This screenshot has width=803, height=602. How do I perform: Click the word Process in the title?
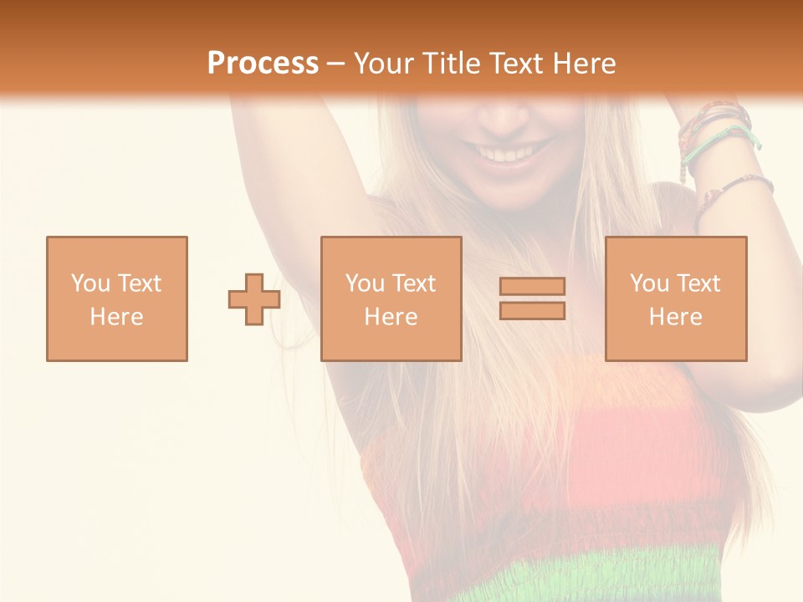click(263, 64)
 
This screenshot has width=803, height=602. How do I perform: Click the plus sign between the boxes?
click(254, 299)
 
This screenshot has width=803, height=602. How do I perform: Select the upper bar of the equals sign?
click(532, 286)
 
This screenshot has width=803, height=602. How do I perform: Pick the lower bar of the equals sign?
click(532, 310)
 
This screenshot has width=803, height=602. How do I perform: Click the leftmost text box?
click(117, 298)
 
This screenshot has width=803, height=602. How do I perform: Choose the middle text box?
click(391, 298)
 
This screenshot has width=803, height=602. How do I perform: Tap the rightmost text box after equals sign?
click(676, 298)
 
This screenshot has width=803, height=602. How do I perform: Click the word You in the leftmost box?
click(89, 283)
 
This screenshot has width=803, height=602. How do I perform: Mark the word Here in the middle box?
click(391, 317)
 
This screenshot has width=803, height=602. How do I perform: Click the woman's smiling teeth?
click(507, 154)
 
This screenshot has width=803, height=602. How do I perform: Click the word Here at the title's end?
click(586, 64)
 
